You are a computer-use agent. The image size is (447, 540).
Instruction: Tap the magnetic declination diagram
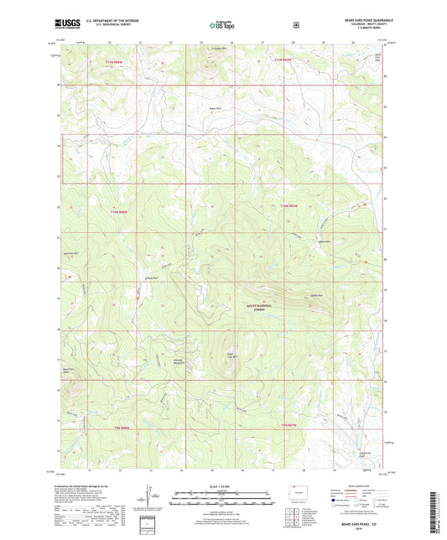[148, 495]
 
